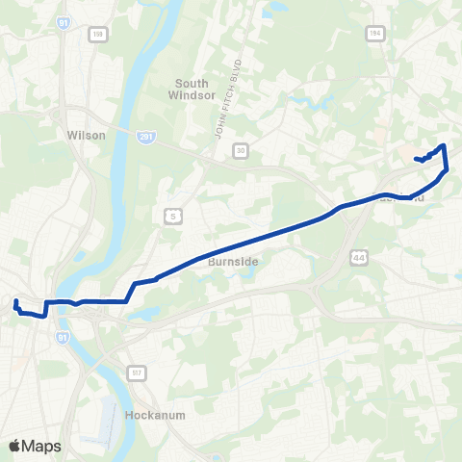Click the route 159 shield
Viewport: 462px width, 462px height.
point(97,34)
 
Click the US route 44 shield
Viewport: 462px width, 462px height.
point(359,258)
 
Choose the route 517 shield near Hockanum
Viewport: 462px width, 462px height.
point(136,371)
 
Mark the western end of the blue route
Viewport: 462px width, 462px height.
point(16,303)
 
